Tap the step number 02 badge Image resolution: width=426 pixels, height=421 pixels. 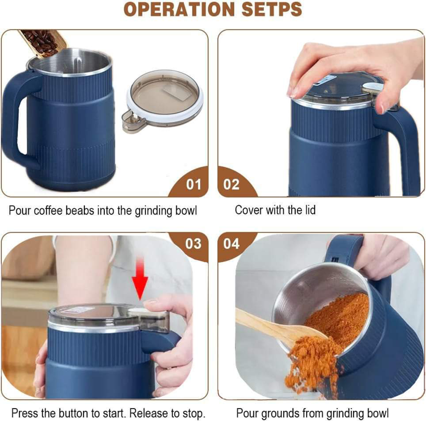coord(232,185)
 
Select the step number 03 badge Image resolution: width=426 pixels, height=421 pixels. coord(193,244)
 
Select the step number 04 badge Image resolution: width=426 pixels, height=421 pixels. coord(232,244)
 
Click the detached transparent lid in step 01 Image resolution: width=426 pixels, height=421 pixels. coord(164,96)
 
